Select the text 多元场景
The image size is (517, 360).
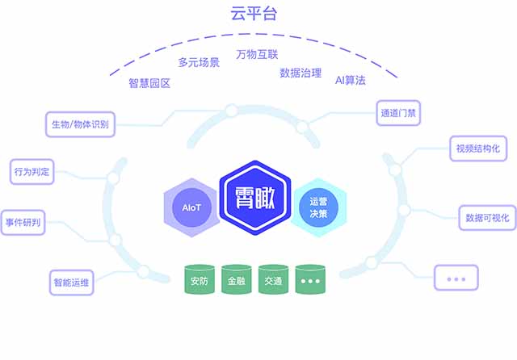(x=199, y=62)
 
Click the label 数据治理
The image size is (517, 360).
(x=301, y=72)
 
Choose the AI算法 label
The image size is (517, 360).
(x=351, y=81)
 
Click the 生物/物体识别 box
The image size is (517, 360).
(x=80, y=124)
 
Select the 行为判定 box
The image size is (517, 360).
(x=32, y=171)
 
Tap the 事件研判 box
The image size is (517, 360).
(x=23, y=222)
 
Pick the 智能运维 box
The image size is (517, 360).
(x=73, y=283)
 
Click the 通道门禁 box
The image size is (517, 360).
(x=397, y=112)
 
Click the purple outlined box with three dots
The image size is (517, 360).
(x=456, y=278)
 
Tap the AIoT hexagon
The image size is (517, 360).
(x=191, y=207)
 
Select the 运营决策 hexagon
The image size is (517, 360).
(x=318, y=207)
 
